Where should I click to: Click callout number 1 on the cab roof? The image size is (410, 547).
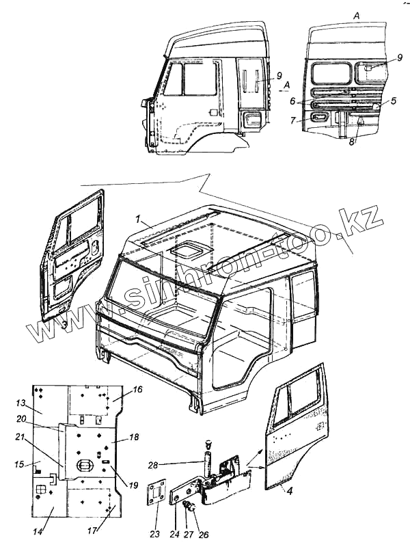pyautogui.click(x=138, y=221)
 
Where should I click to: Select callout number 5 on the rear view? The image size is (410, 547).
pyautogui.click(x=394, y=100)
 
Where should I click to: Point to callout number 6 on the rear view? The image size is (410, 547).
pyautogui.click(x=292, y=100)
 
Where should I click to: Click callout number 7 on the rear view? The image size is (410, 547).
pyautogui.click(x=292, y=120)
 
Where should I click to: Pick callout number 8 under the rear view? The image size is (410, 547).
pyautogui.click(x=351, y=142)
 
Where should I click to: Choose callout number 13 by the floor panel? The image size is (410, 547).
pyautogui.click(x=20, y=402)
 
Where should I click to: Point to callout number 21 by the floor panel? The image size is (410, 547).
pyautogui.click(x=20, y=437)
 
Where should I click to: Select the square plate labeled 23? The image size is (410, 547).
pyautogui.click(x=156, y=494)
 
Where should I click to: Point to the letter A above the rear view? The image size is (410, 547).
pyautogui.click(x=356, y=14)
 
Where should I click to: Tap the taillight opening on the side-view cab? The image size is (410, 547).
pyautogui.click(x=252, y=119)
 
